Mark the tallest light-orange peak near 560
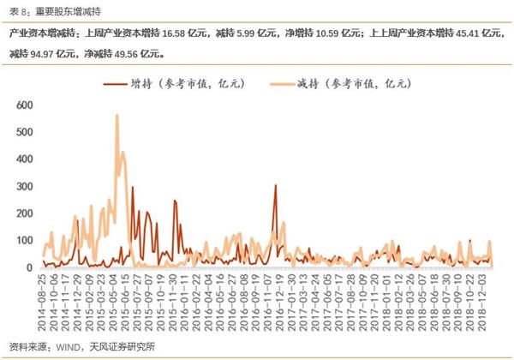coord(117,116)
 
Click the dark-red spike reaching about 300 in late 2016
coord(275,186)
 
